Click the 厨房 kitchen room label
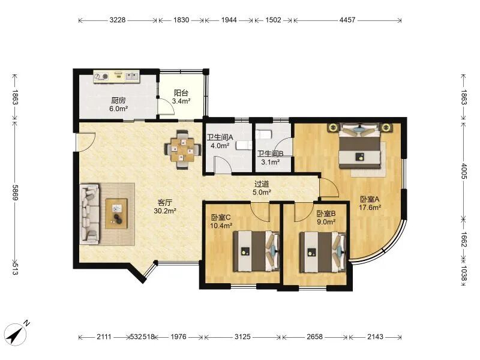pos(118,100)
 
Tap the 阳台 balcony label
pos(181,93)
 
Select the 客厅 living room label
pos(164,202)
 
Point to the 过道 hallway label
pos(262,184)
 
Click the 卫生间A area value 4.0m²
pos(220,146)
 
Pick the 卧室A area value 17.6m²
pos(370,208)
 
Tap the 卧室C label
pos(221,217)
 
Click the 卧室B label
pos(326,214)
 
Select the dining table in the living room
pos(183,149)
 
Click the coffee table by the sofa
pos(116,214)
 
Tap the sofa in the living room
pos(89,214)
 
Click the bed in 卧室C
pos(257,251)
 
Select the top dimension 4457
pos(347,20)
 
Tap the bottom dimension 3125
pos(242,337)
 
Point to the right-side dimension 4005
pos(464,171)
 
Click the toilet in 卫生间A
pos(244,145)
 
